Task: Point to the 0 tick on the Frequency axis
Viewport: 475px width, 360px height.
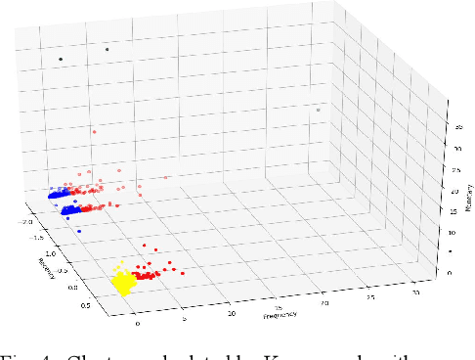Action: pyautogui.click(x=139, y=323)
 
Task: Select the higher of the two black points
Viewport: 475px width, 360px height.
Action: pyautogui.click(x=107, y=48)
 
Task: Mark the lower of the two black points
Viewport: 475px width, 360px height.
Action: pyautogui.click(x=61, y=59)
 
